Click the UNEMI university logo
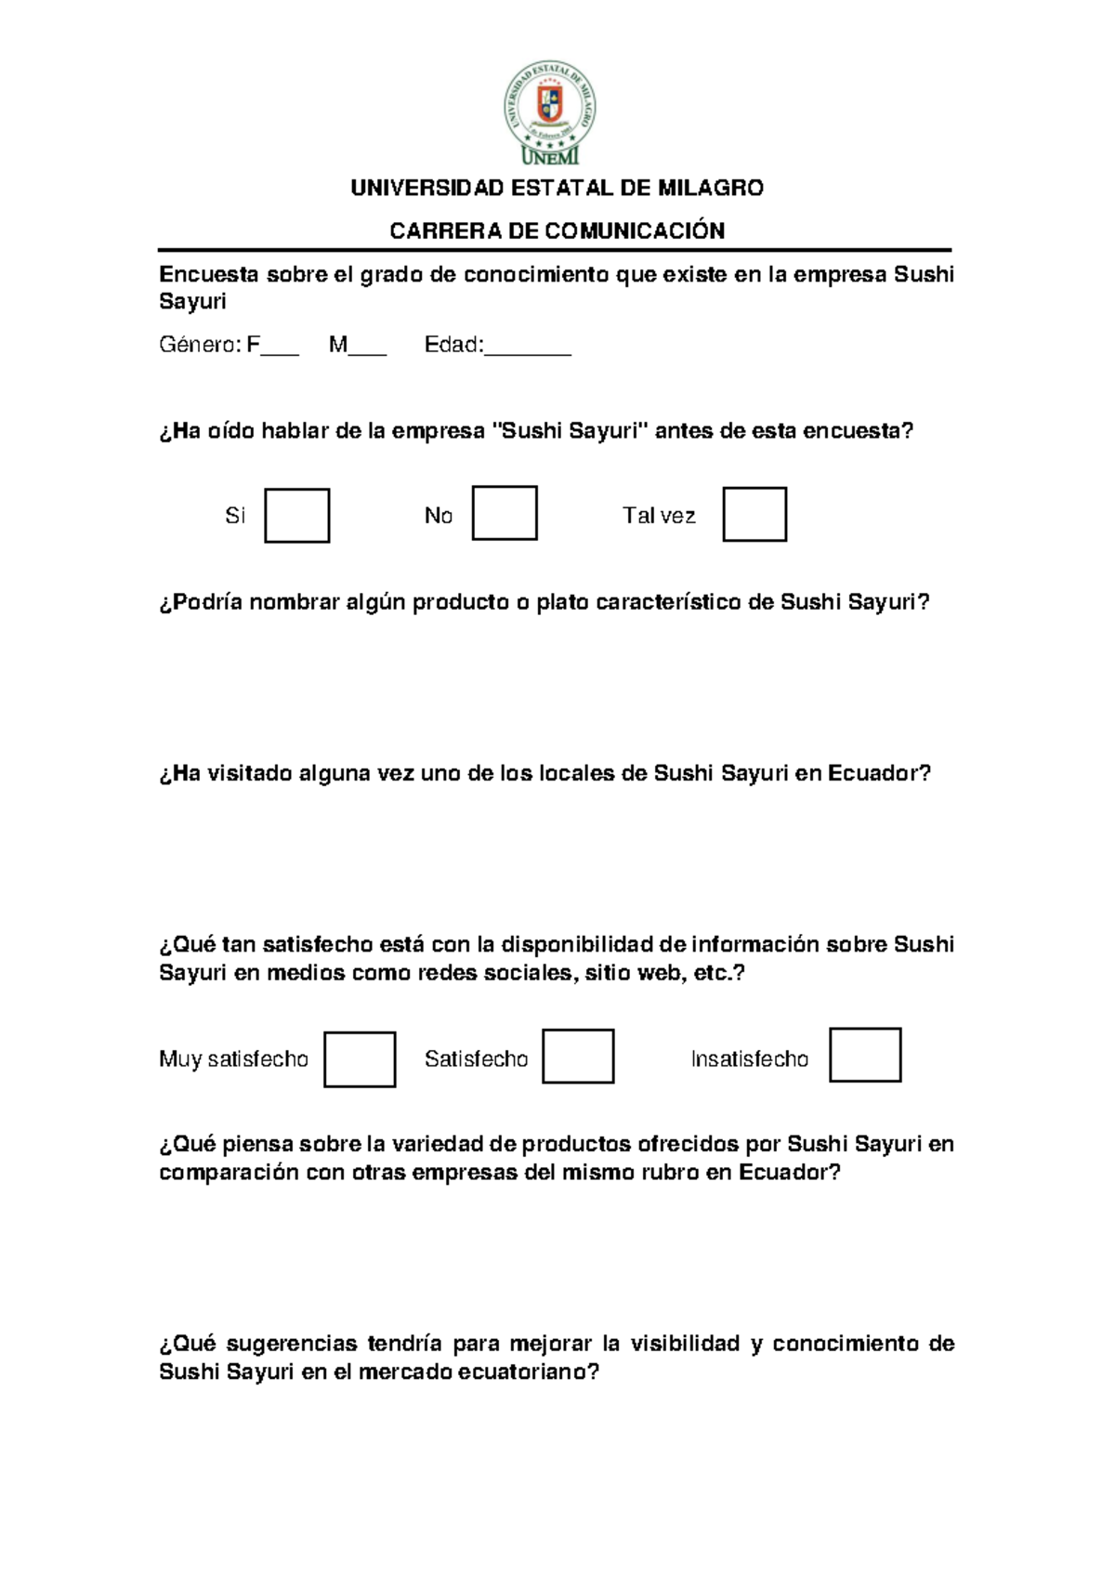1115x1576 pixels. coord(551,112)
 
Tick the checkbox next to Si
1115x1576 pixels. coord(297,516)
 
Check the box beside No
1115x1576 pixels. coord(505,513)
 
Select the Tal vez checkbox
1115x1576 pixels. coord(754,514)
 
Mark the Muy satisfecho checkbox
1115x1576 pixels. coord(360,1059)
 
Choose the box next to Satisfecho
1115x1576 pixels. coord(578,1057)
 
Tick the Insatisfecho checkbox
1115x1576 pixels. coord(865,1055)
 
